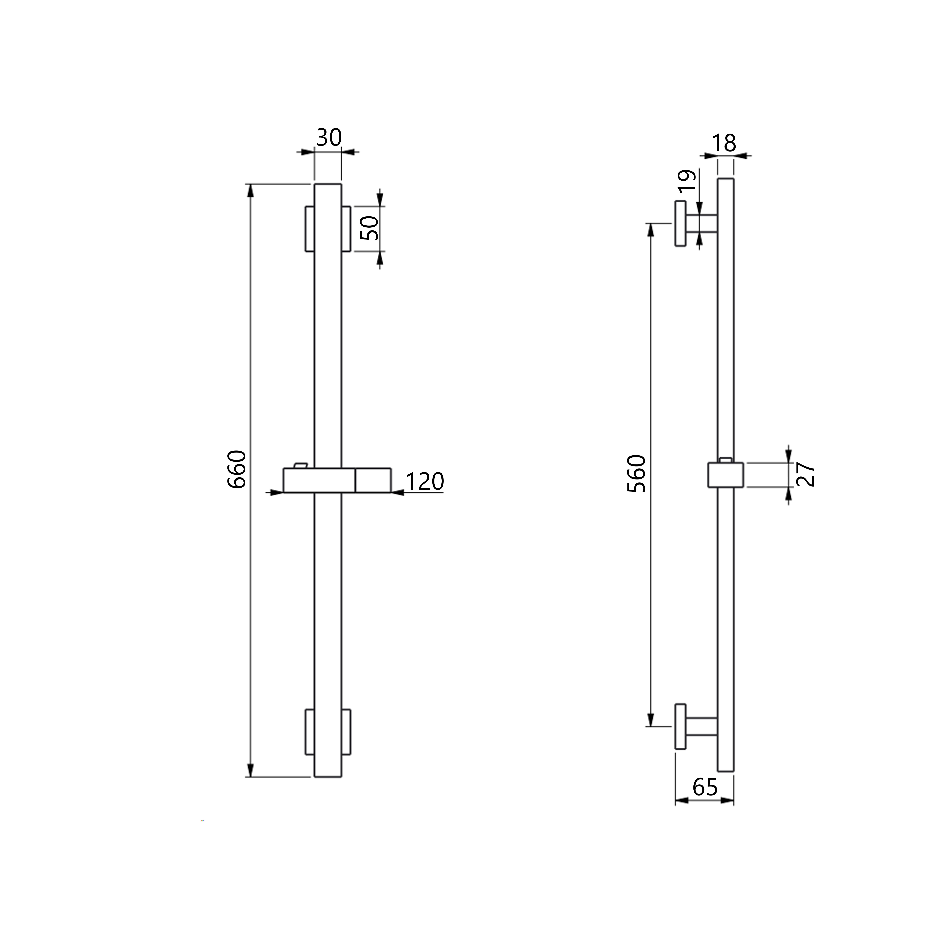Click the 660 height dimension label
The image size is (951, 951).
click(x=237, y=469)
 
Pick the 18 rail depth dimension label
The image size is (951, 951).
click(x=724, y=143)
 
